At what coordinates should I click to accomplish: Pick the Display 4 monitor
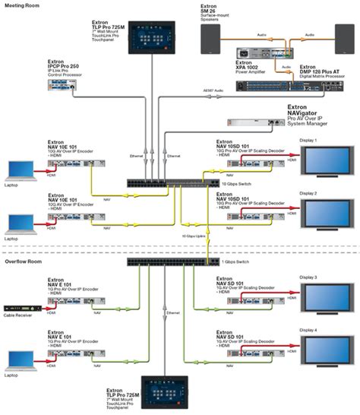point(327,349)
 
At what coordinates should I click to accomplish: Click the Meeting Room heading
point(24,6)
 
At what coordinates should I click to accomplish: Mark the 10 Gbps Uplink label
point(194,236)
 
